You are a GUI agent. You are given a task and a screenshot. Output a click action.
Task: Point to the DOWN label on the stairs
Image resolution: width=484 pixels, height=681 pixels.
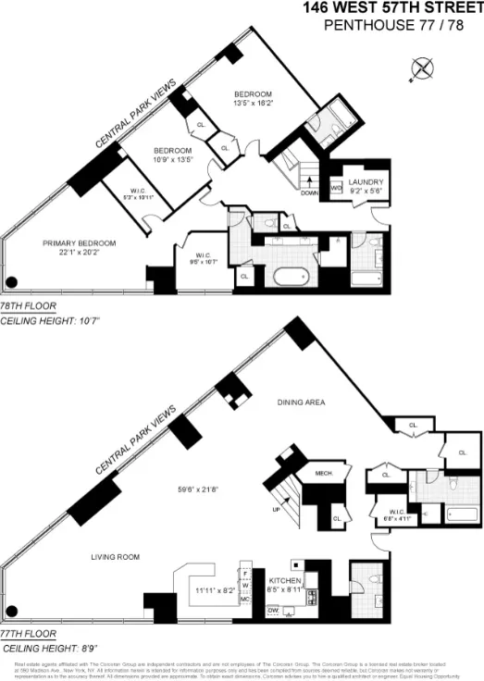click(x=308, y=193)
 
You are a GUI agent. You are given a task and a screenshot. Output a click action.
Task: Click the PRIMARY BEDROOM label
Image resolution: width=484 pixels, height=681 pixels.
click(x=80, y=242)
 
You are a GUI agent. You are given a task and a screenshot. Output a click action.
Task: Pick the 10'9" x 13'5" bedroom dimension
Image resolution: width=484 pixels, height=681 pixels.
click(x=172, y=160)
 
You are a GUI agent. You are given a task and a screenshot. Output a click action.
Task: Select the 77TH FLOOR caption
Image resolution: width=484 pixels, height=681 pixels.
click(x=29, y=635)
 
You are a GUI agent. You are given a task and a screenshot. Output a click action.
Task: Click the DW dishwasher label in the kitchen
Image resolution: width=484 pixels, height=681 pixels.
click(x=272, y=611)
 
